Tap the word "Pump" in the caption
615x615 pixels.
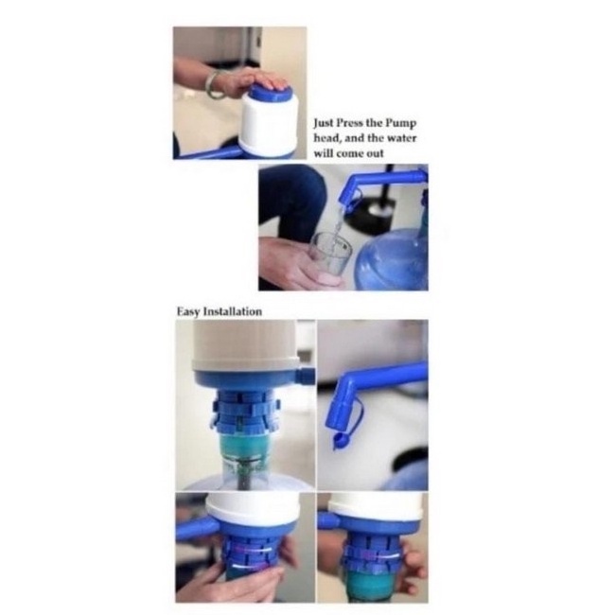coord(400,124)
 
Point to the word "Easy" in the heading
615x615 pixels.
coord(189,312)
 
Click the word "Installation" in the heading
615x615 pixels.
coord(233,312)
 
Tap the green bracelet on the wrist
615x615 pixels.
coord(212,84)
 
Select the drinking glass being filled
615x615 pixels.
coord(330,255)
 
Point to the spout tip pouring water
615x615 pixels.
coord(345,205)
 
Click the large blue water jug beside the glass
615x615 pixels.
coord(394,259)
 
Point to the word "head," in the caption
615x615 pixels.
coord(327,138)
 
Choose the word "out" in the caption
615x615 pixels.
coord(375,154)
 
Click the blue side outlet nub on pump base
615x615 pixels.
coord(307,375)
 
